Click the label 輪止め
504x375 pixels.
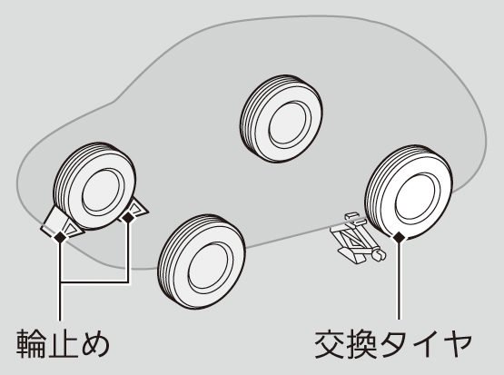(63, 343)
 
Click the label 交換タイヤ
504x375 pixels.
(393, 343)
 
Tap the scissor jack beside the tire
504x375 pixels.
(358, 238)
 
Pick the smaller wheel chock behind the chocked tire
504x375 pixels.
(135, 211)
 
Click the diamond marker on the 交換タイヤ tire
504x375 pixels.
(399, 237)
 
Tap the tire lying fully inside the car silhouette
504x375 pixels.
(282, 119)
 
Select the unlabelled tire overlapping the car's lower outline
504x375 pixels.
(202, 261)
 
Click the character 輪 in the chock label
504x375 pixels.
(31, 343)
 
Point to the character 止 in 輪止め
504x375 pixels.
(63, 343)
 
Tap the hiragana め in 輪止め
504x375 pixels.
(95, 344)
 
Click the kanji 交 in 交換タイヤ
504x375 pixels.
(329, 343)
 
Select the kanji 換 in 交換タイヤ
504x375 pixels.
(361, 343)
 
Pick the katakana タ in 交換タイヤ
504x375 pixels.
(393, 344)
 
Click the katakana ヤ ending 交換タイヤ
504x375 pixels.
(457, 344)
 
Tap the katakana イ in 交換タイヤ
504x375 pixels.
(424, 344)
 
